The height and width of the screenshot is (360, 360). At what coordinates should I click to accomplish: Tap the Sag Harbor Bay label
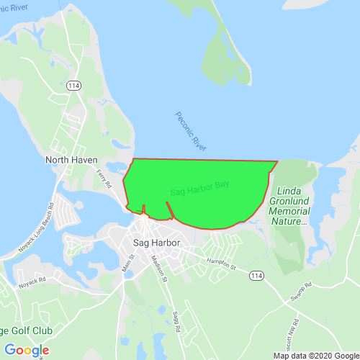pyautogui.click(x=199, y=189)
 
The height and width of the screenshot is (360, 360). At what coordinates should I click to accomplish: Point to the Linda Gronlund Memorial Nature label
pyautogui.click(x=293, y=207)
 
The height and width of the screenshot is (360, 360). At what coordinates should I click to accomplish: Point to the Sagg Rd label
pyautogui.click(x=175, y=319)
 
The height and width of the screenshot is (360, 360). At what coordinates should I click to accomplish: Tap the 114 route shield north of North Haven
pyautogui.click(x=73, y=86)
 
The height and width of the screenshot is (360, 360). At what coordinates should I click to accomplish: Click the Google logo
pyautogui.click(x=27, y=350)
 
